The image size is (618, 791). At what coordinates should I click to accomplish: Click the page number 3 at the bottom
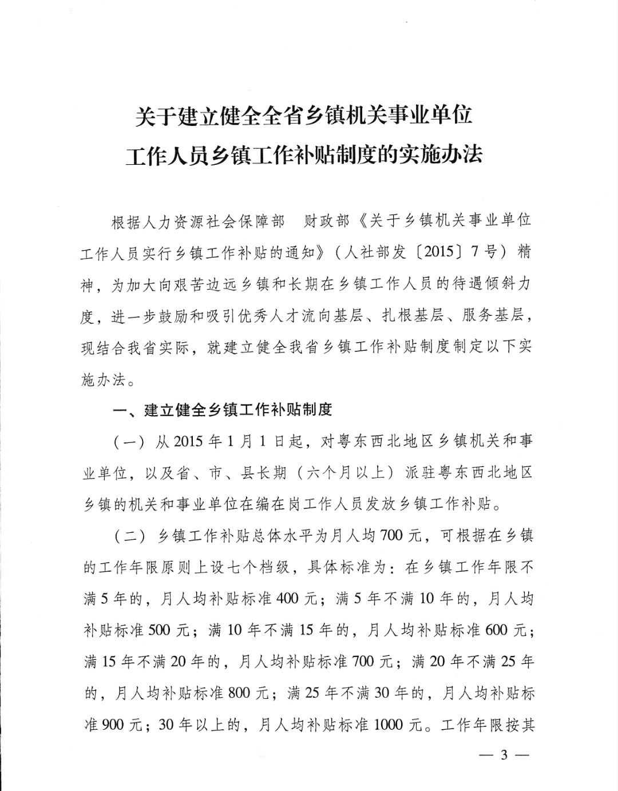504,754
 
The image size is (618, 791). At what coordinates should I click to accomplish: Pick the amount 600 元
505,630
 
